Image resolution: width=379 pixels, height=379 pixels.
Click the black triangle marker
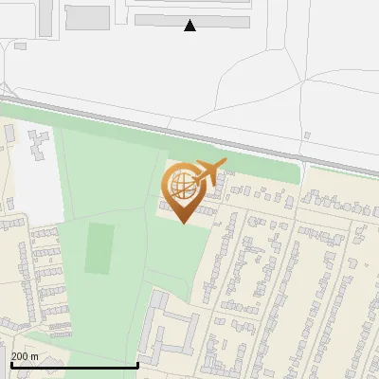tap(190, 26)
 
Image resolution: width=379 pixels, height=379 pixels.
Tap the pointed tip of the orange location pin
tap(184, 222)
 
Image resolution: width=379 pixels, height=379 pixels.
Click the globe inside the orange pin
tap(181, 183)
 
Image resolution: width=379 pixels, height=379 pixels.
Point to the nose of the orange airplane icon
tap(226, 163)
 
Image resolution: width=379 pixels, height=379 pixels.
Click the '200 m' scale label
tap(26, 356)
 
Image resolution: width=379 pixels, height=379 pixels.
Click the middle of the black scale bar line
tap(74, 365)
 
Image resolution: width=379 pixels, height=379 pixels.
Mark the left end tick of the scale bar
tap(10, 365)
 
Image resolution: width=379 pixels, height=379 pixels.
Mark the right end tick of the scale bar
tap(138, 365)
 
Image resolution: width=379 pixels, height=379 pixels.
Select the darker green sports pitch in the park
tap(99, 248)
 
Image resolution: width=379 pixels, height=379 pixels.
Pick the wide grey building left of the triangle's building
tap(87, 17)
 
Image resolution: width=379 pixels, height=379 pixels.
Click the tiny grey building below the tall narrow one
tap(20, 45)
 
